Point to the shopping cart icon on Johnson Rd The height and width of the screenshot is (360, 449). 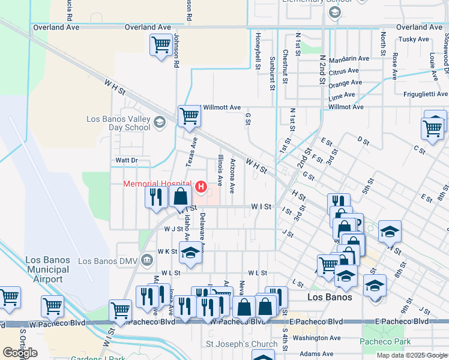(x=160, y=44)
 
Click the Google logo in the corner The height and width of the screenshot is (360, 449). (x=20, y=353)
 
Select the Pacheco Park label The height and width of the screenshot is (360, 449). (x=385, y=342)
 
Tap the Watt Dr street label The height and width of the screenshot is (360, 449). (x=126, y=160)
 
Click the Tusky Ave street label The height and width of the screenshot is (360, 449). (x=414, y=39)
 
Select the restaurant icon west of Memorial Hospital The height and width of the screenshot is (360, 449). (x=156, y=196)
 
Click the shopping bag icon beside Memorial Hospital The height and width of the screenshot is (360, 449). (x=180, y=196)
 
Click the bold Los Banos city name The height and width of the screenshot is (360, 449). (x=328, y=297)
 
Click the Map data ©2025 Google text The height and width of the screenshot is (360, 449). (x=411, y=355)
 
